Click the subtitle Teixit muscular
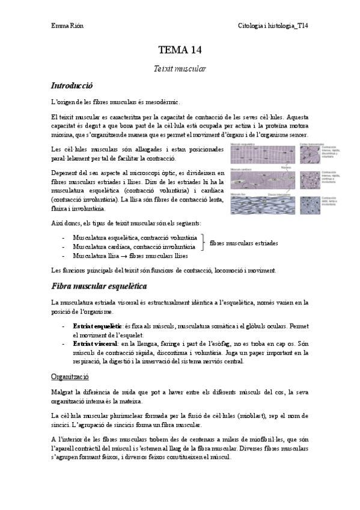[180, 69]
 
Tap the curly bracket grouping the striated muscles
[203, 243]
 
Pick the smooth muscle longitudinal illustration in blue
[264, 204]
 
